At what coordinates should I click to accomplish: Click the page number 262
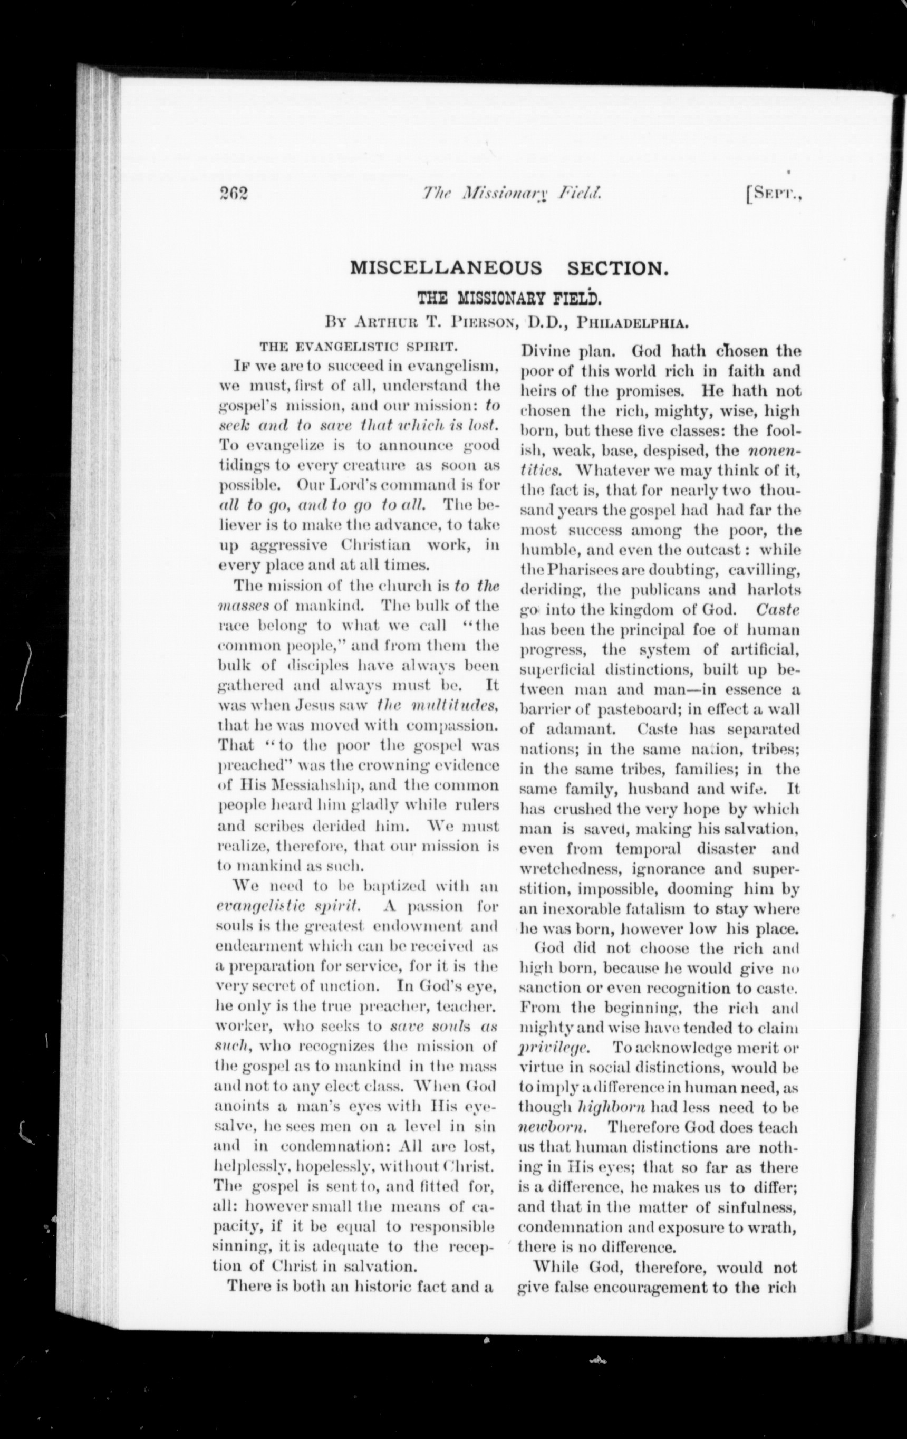click(233, 194)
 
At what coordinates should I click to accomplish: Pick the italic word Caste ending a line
click(777, 610)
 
